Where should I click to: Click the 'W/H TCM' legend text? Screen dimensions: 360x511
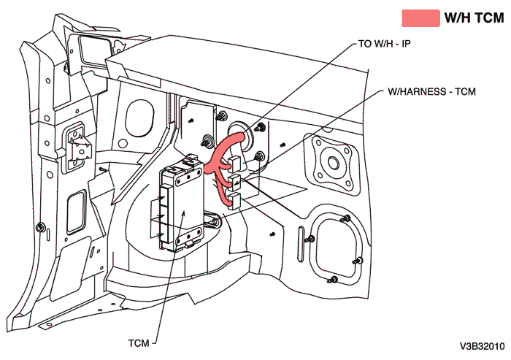pyautogui.click(x=474, y=18)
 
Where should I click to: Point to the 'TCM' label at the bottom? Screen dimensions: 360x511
pyautogui.click(x=139, y=340)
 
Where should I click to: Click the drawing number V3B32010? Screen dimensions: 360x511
pyautogui.click(x=482, y=345)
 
